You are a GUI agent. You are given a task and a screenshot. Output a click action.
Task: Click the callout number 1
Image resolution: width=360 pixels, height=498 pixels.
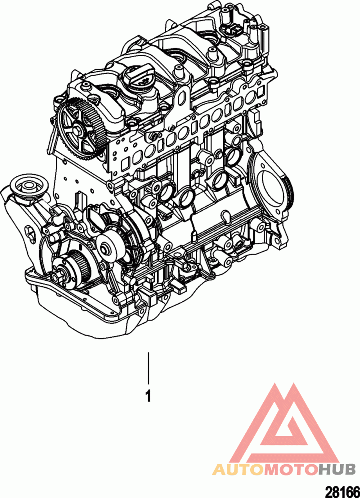point(148,396)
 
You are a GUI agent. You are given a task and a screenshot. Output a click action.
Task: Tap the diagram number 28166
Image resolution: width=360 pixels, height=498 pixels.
point(342,491)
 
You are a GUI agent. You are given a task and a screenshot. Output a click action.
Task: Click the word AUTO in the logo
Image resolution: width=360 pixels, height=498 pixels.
point(238,469)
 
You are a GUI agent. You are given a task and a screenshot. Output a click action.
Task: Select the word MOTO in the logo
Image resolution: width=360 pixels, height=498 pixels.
point(290,469)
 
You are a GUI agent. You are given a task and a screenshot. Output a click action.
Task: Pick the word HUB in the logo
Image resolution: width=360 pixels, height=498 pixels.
point(337,469)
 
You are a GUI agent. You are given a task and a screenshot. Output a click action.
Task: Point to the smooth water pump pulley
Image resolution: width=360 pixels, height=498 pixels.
point(108,245)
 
